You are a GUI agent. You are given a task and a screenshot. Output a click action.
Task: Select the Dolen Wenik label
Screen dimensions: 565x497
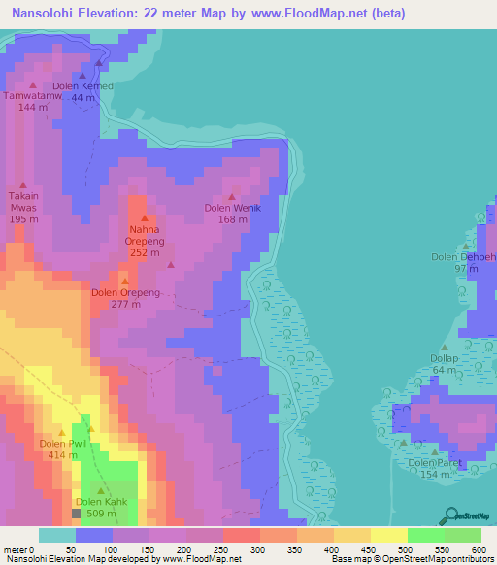click(232, 208)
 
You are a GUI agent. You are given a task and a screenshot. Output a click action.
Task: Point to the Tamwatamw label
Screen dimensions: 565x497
click(32, 95)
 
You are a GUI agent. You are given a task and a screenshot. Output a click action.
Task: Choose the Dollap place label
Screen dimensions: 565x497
click(444, 358)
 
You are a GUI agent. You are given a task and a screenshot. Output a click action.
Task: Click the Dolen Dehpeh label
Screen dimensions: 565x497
click(464, 256)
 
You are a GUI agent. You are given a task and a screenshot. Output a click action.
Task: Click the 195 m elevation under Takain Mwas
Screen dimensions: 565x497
click(23, 219)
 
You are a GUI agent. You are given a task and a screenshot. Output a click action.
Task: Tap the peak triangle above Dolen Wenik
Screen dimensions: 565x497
click(232, 197)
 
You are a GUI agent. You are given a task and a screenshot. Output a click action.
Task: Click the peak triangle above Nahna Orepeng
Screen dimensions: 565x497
click(145, 218)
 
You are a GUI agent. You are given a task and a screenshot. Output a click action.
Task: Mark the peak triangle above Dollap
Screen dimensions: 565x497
click(445, 347)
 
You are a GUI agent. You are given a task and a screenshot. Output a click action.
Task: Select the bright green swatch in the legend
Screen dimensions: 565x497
click(425, 535)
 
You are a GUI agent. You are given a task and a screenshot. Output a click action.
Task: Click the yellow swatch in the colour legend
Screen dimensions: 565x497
click(388, 535)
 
